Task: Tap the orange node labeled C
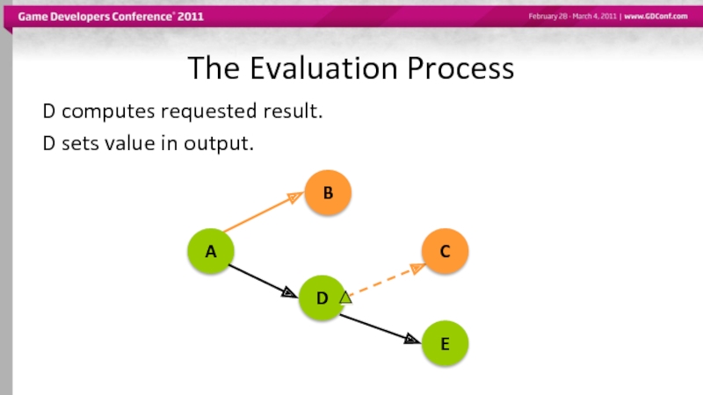pyautogui.click(x=445, y=252)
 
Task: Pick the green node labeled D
pyautogui.click(x=322, y=298)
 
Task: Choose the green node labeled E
pyautogui.click(x=445, y=343)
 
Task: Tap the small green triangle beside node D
pyautogui.click(x=345, y=298)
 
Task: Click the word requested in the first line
pyautogui.click(x=211, y=112)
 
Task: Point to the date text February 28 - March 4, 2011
pyautogui.click(x=572, y=18)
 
